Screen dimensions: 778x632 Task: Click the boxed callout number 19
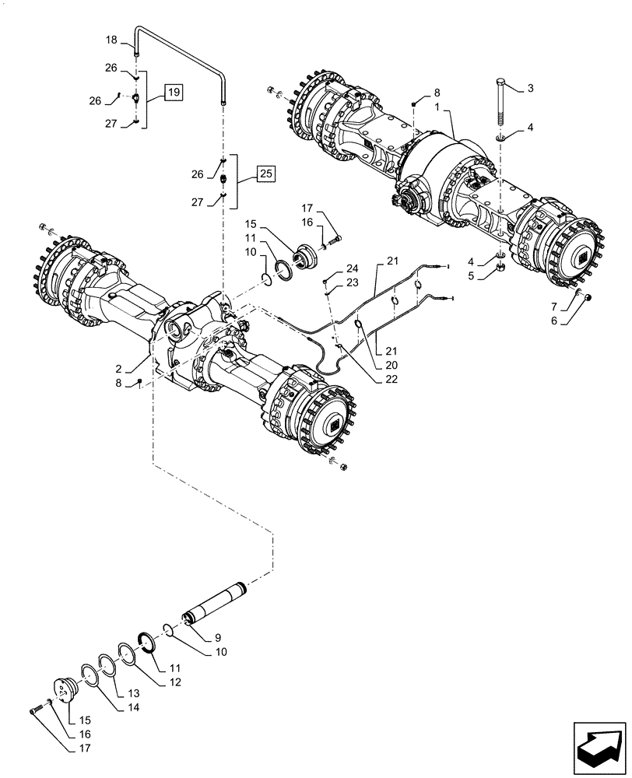tap(174, 93)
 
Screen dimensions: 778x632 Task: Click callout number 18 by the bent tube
tap(111, 39)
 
